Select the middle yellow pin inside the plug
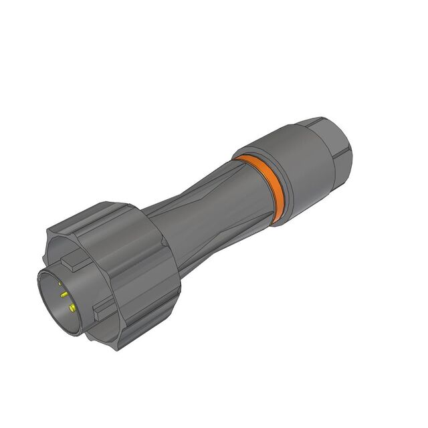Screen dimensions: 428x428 (64, 294)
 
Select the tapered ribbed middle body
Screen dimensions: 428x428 (201, 214)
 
